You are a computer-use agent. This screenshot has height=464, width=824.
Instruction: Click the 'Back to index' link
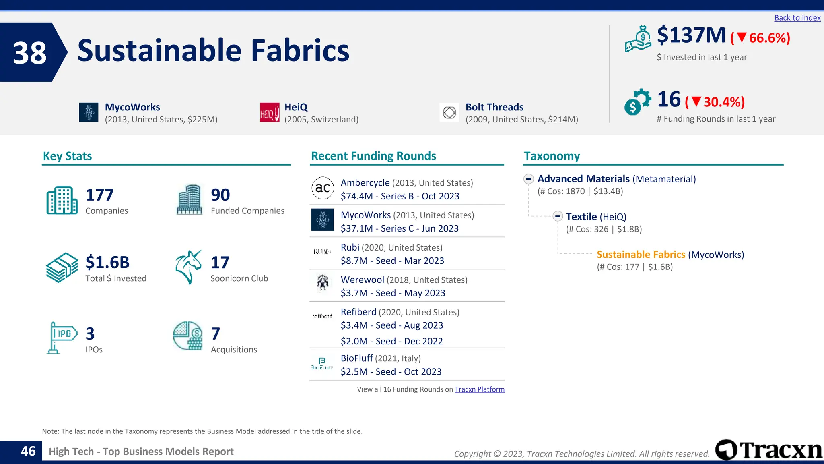click(797, 18)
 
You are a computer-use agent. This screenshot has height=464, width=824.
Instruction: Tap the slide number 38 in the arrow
click(30, 53)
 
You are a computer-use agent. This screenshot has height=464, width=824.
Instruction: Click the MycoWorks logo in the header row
click(89, 112)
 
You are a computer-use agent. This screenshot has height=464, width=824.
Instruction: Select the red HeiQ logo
click(270, 112)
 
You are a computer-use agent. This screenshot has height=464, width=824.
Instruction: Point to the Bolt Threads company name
click(494, 107)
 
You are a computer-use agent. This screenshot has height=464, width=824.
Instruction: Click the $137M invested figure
click(691, 35)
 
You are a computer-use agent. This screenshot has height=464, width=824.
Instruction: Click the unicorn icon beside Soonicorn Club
click(188, 267)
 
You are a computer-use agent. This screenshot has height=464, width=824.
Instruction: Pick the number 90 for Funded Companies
click(220, 195)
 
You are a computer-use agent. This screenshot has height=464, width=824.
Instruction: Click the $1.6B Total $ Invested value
click(107, 262)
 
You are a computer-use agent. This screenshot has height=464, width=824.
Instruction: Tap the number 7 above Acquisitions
click(216, 333)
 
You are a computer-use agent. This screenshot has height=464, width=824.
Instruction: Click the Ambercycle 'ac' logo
click(322, 188)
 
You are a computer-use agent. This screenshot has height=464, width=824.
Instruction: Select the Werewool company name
click(362, 280)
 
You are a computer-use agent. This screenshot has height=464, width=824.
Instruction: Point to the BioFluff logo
click(322, 363)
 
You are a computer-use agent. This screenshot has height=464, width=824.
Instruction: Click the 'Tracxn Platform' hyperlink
click(480, 389)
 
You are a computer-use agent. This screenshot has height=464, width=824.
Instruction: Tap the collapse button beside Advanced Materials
click(529, 179)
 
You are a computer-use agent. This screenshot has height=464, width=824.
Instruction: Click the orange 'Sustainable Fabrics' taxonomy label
click(641, 255)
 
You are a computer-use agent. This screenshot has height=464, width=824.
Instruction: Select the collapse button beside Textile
click(557, 216)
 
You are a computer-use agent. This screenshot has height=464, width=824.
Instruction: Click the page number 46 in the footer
click(28, 451)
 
